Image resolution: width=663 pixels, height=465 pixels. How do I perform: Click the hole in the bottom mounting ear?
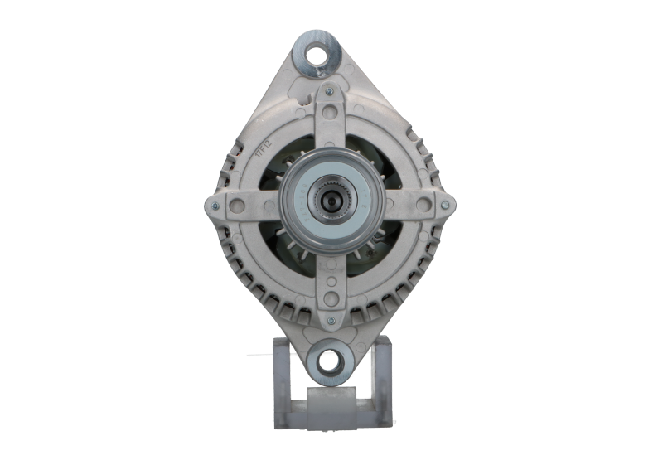point(328,361)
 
